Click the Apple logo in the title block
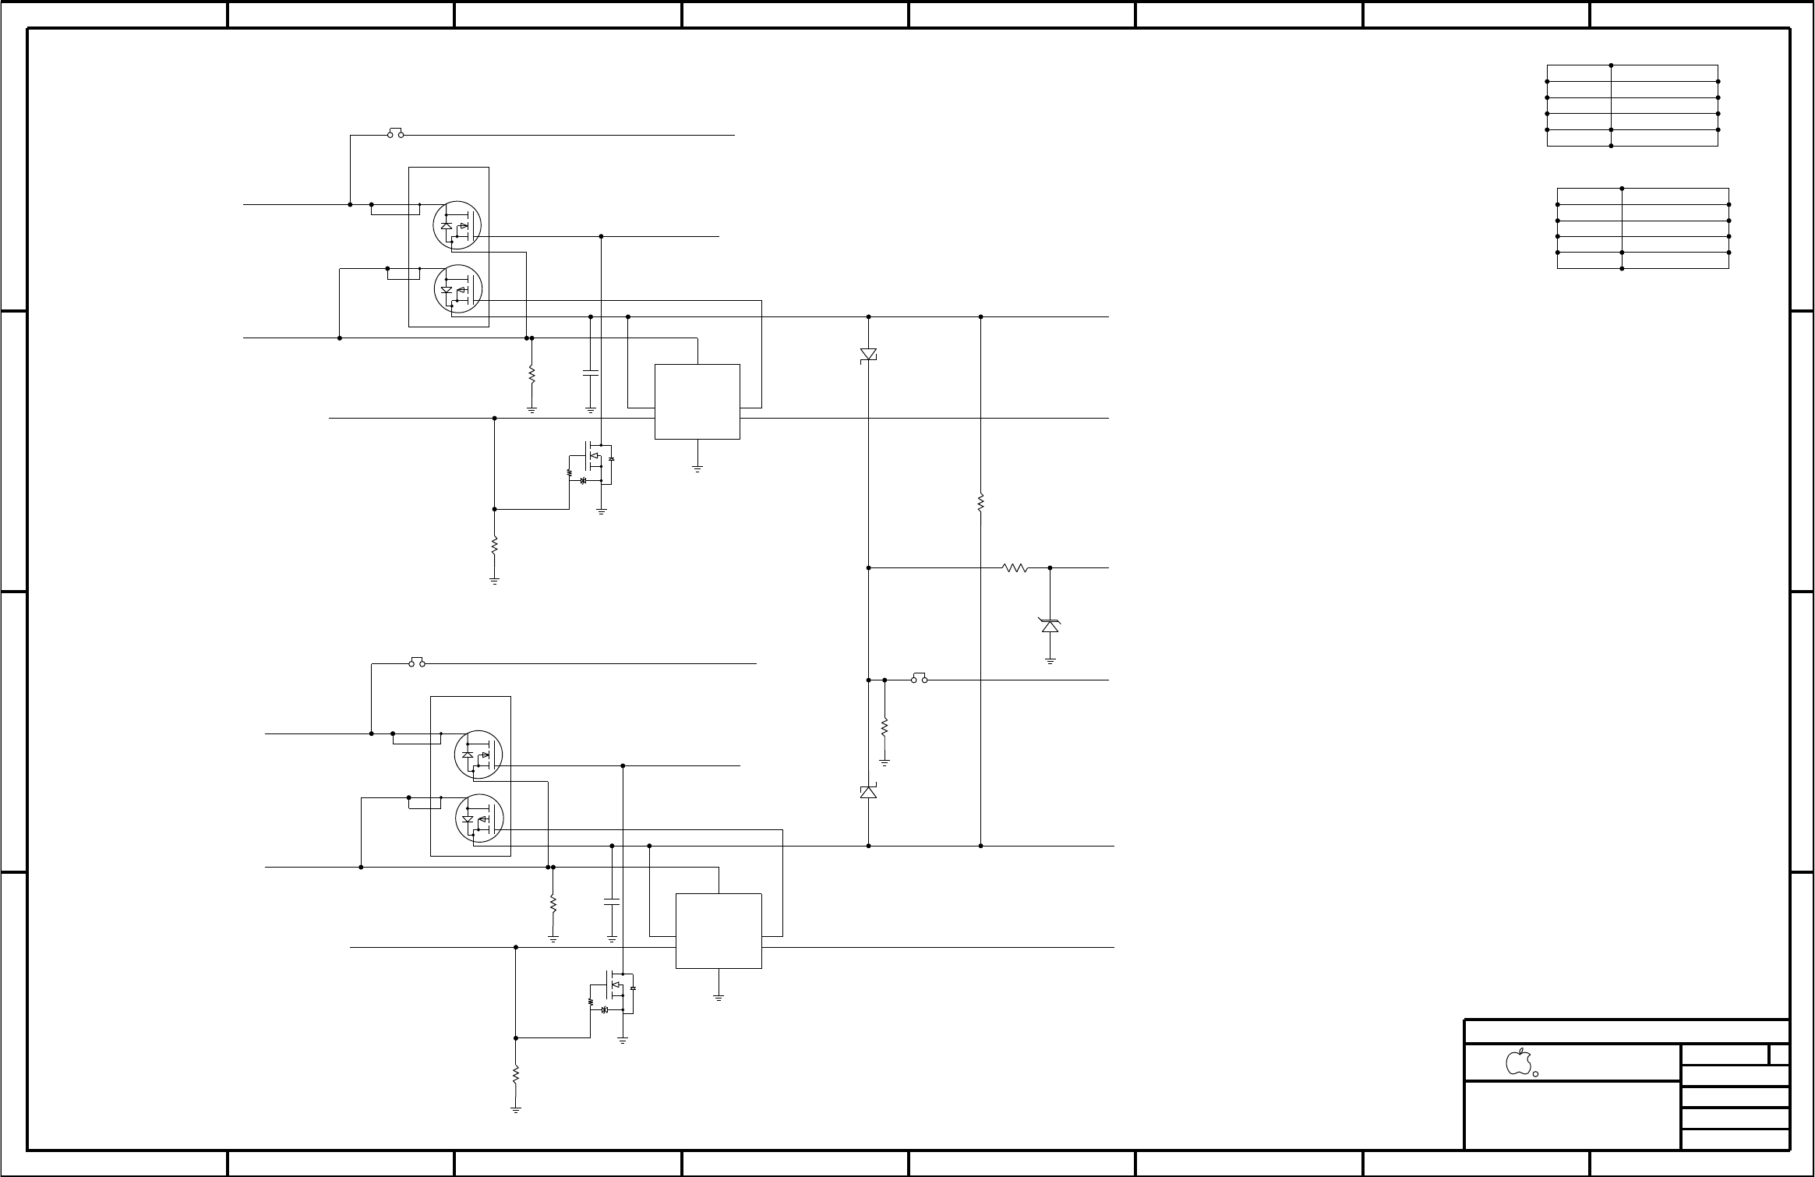(x=1518, y=1062)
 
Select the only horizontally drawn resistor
(x=1015, y=568)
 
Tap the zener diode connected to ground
(x=1050, y=625)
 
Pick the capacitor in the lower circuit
(x=612, y=902)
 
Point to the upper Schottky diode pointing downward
(x=868, y=355)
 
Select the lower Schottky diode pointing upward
(x=868, y=792)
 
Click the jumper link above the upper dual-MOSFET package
(x=395, y=133)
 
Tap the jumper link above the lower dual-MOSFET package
(x=417, y=663)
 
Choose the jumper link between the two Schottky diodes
(x=920, y=678)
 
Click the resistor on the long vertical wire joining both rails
(x=980, y=503)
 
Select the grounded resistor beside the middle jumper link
(x=885, y=727)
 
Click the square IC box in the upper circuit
(x=697, y=401)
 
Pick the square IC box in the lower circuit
(x=718, y=931)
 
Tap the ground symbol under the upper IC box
(x=697, y=468)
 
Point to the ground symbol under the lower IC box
(x=718, y=997)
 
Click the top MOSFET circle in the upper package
(x=457, y=225)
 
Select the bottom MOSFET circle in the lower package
(x=478, y=818)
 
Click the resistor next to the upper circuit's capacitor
(x=531, y=375)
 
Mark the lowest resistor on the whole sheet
(x=515, y=1074)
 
